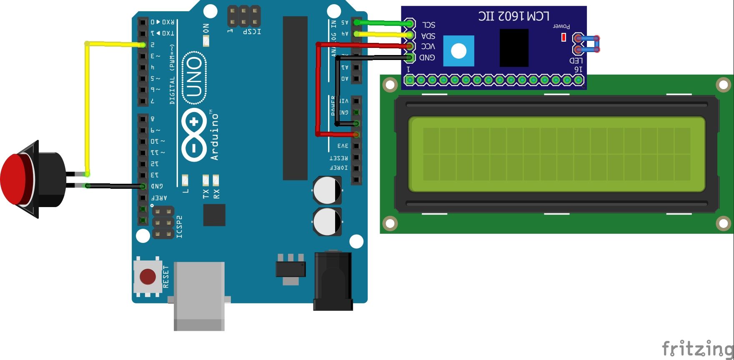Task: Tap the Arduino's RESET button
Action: tap(148, 276)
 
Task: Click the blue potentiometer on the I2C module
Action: tap(458, 51)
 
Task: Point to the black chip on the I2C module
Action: tap(514, 47)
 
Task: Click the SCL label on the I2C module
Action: tap(428, 25)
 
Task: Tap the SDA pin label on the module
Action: tap(428, 36)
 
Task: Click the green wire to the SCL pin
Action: tap(383, 23)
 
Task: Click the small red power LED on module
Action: tap(564, 37)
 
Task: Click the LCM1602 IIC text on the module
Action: tap(514, 17)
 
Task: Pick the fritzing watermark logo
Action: tap(697, 348)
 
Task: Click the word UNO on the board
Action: tap(194, 77)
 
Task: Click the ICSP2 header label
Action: tap(179, 227)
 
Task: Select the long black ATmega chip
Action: tap(295, 98)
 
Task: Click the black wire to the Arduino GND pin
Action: tap(117, 186)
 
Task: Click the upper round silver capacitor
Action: tap(327, 190)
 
